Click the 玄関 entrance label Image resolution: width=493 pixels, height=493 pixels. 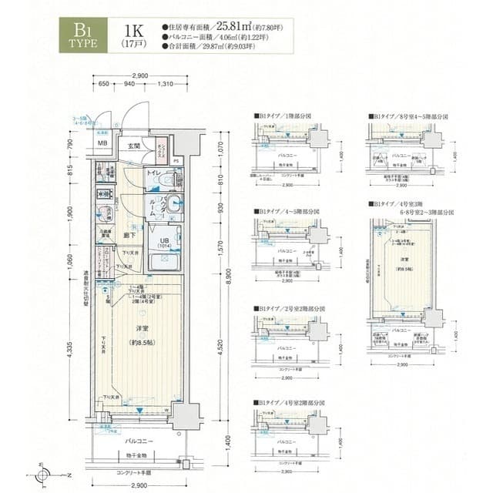[133, 146]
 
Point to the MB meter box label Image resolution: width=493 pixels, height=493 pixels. [102, 143]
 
